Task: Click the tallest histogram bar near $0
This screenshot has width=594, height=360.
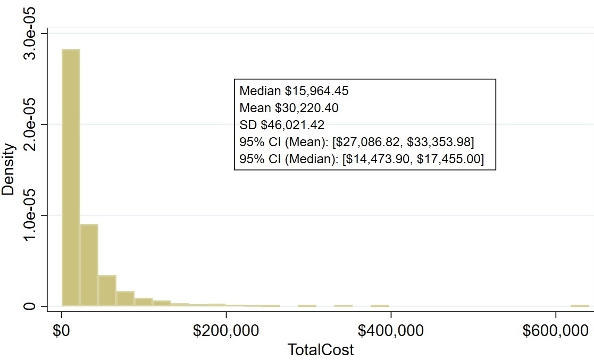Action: (x=71, y=178)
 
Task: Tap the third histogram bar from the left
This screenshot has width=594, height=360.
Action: (x=107, y=290)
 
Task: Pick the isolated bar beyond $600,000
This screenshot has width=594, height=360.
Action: (x=580, y=306)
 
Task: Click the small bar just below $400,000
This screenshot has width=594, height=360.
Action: (x=380, y=306)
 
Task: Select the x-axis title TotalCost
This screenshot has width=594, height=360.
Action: (x=320, y=350)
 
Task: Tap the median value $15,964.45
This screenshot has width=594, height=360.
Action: (x=316, y=91)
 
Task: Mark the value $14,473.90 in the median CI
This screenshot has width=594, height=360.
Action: (x=378, y=159)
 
